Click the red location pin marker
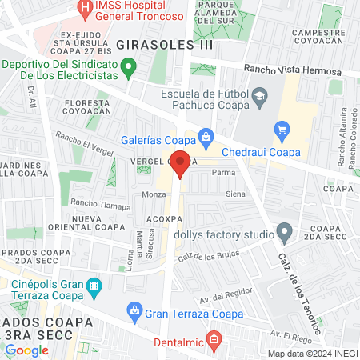pos(181,163)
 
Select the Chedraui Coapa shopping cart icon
pos(281,129)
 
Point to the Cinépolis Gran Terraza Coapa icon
pos(94,285)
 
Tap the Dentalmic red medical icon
pos(213,340)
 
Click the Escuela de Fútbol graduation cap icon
pos(260,98)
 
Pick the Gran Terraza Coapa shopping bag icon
pos(135,310)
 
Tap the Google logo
pos(26,350)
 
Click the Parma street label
pos(222,172)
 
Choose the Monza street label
pos(154,194)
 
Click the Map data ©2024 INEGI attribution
pos(311,353)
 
